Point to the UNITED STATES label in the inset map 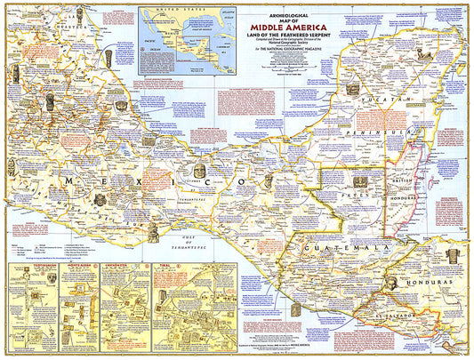tap(179, 13)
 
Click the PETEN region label tap(360, 189)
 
